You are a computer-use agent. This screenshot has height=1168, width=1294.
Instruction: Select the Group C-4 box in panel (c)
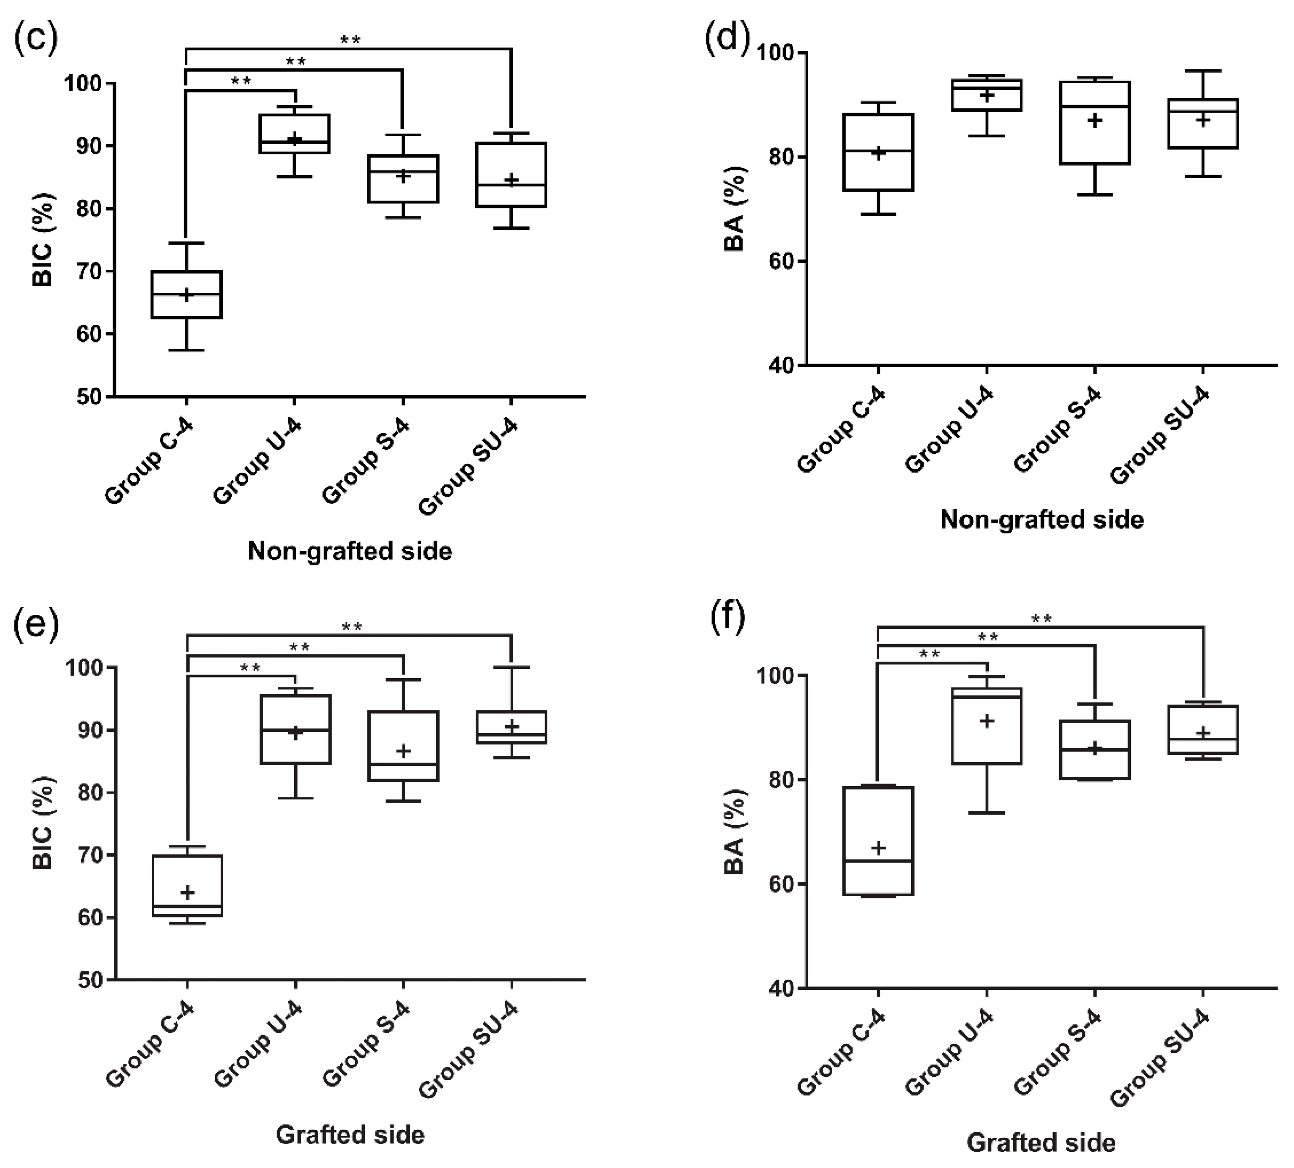187,295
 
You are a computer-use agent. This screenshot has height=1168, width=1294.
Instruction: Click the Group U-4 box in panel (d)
986,95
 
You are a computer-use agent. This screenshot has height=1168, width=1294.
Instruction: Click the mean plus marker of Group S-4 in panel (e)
403,750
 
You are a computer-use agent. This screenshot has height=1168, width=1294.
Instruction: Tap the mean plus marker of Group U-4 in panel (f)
986,721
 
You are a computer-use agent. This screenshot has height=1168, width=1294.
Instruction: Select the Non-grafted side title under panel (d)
1042,519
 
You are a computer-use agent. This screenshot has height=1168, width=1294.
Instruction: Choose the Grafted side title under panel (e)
350,1135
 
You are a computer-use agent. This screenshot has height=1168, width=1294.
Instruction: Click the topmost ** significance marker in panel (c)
350,40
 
